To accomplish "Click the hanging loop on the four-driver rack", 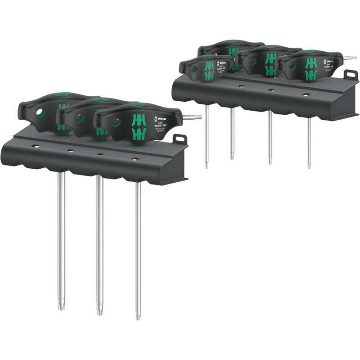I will click(x=350, y=74).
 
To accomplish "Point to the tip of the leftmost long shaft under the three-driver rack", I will click(x=60, y=309).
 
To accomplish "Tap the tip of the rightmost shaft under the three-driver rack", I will click(x=138, y=317).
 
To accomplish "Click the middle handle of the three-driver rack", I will click(x=85, y=118).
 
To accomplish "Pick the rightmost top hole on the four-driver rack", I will click(x=306, y=95).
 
